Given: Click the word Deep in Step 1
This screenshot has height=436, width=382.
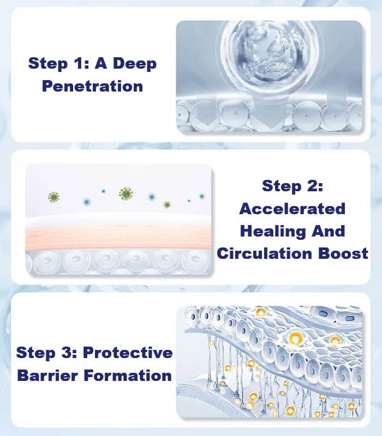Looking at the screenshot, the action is pyautogui.click(x=135, y=64).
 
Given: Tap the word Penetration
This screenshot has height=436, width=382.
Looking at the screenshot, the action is pyautogui.click(x=92, y=86).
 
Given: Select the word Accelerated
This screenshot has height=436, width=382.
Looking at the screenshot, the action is pyautogui.click(x=293, y=209).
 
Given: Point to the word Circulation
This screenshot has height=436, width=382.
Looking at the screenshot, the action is pyautogui.click(x=265, y=253).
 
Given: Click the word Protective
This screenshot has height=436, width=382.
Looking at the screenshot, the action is pyautogui.click(x=128, y=353).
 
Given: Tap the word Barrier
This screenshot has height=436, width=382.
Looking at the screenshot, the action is pyautogui.click(x=47, y=376).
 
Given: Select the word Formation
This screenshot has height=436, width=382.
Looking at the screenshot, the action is pyautogui.click(x=128, y=376).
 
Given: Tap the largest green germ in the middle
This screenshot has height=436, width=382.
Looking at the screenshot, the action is pyautogui.click(x=126, y=194).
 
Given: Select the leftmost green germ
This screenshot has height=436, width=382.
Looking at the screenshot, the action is pyautogui.click(x=53, y=197).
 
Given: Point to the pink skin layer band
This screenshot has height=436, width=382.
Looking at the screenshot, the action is pyautogui.click(x=118, y=237).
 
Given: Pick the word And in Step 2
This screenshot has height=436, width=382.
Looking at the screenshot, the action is pyautogui.click(x=329, y=231).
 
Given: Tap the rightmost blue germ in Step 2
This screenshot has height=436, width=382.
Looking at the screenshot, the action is pyautogui.click(x=201, y=196).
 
